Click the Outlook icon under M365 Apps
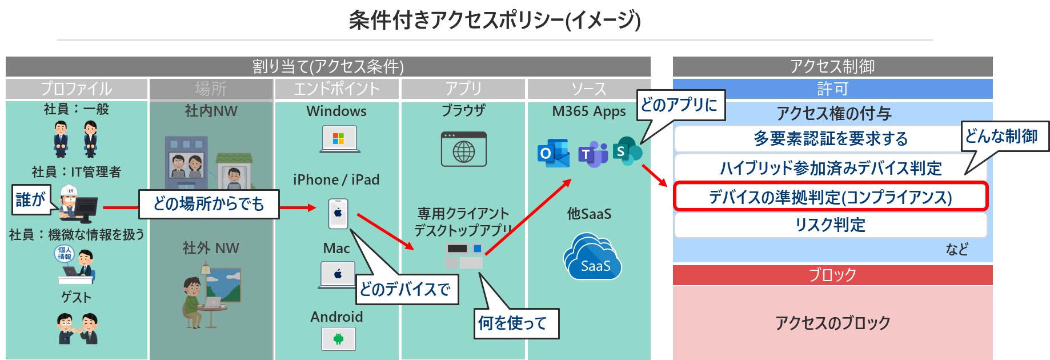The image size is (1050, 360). (553, 153)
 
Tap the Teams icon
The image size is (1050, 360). (592, 153)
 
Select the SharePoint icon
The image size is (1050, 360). (627, 151)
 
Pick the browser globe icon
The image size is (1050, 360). (463, 149)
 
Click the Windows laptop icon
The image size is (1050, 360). (339, 139)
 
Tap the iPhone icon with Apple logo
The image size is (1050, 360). (338, 213)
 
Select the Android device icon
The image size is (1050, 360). (338, 339)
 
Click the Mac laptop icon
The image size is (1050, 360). (338, 275)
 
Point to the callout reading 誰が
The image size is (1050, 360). (31, 199)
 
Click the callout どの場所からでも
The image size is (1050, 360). (209, 204)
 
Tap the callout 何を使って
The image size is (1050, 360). (516, 323)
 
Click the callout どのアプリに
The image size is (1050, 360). (681, 105)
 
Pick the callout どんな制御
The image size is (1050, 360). (1005, 137)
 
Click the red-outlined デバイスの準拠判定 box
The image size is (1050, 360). (831, 197)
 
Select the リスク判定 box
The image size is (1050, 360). (831, 225)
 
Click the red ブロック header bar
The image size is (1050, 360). (832, 275)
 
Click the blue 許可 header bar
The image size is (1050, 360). (832, 89)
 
